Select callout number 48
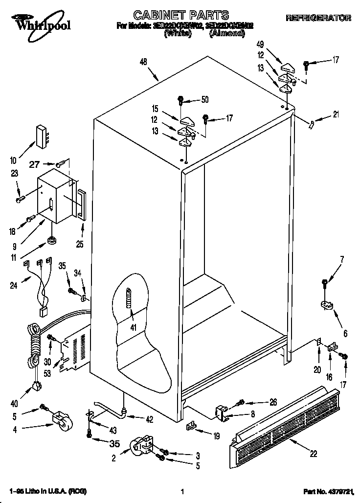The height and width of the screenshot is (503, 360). [x=143, y=62]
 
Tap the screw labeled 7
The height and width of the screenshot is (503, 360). [x=325, y=283]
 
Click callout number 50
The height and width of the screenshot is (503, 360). [x=204, y=100]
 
